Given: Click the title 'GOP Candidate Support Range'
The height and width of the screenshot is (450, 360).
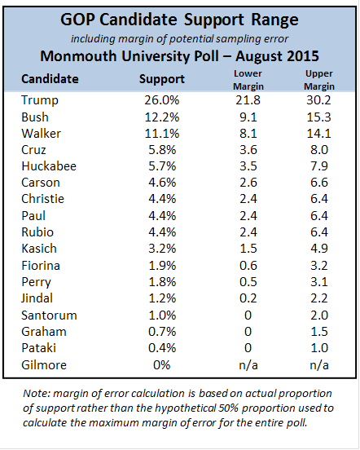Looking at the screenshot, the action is (179, 20).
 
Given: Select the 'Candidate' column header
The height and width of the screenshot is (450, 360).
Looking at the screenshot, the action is (50, 79).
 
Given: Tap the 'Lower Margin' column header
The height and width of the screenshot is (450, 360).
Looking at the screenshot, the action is (248, 80).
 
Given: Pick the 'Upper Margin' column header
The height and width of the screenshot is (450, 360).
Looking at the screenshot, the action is (319, 80).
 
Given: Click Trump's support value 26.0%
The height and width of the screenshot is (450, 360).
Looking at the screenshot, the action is (162, 100).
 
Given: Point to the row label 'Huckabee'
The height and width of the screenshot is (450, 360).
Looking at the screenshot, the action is (49, 166).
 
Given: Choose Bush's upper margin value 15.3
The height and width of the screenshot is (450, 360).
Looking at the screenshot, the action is (319, 117).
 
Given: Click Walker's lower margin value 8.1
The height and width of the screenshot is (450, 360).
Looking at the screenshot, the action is (248, 134).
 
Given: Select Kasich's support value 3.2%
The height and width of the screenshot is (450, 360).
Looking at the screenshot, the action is (162, 249).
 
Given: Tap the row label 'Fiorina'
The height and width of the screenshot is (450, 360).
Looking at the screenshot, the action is (41, 266).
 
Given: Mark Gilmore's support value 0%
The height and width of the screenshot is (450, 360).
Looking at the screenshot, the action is (162, 365).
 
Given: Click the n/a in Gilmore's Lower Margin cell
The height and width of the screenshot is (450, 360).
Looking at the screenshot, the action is (248, 365).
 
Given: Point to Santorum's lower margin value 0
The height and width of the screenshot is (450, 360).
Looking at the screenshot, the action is (248, 315).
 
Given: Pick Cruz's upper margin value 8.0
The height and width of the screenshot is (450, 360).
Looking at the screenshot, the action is (319, 150).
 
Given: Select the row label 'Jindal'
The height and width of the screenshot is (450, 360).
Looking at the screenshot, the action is (37, 298).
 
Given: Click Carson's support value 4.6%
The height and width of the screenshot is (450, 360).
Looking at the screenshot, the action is (162, 183).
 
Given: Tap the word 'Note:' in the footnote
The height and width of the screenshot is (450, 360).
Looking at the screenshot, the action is (36, 394).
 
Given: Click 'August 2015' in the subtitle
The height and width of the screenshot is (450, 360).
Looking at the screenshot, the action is (277, 56).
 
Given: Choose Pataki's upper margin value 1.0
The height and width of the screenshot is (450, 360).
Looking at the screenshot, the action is (319, 348).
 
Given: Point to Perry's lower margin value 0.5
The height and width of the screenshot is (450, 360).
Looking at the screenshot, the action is (248, 282).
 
